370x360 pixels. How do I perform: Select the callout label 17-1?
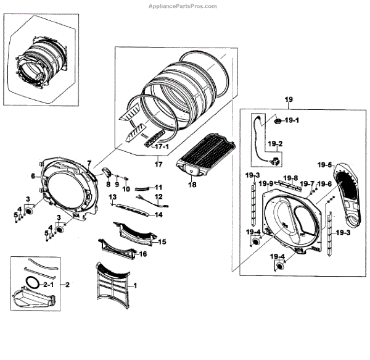click(x=162, y=148)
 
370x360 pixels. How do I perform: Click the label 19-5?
click(x=324, y=165)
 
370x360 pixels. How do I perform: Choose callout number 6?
click(x=33, y=176)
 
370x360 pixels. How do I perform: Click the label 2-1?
click(x=47, y=285)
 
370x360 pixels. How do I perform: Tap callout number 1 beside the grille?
click(x=136, y=285)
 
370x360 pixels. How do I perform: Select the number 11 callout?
click(x=158, y=186)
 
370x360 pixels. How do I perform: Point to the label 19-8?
click(x=290, y=178)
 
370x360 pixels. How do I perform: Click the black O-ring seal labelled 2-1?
click(x=35, y=284)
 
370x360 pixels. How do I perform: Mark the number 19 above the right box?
click(x=287, y=99)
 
